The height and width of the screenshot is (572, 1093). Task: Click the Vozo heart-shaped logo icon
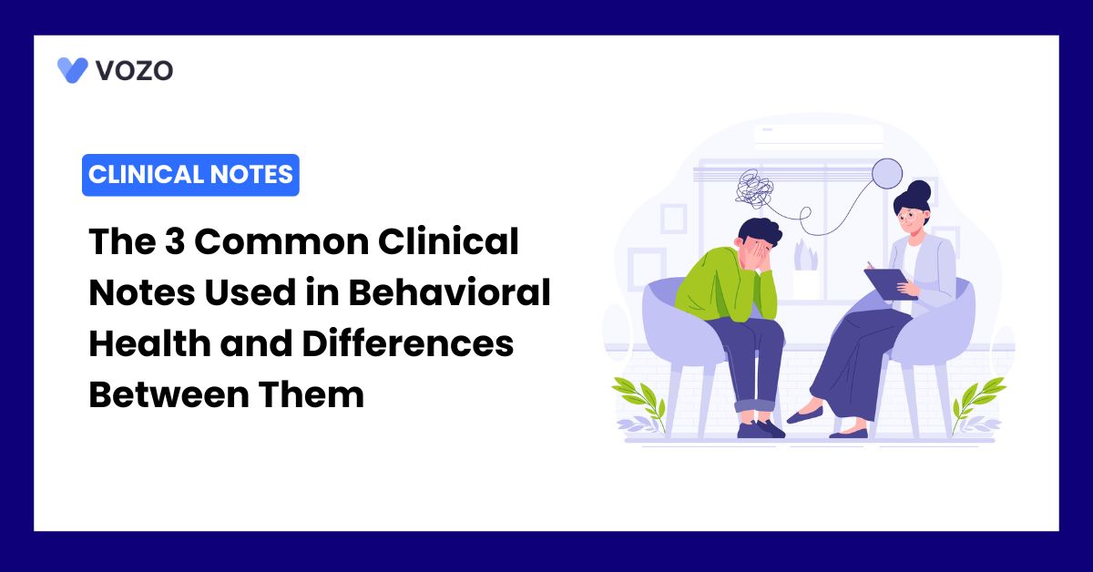click(x=73, y=70)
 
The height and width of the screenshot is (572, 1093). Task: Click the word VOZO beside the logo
click(x=134, y=71)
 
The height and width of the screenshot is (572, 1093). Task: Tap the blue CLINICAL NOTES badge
click(x=190, y=175)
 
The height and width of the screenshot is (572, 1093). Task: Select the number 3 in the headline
click(x=175, y=241)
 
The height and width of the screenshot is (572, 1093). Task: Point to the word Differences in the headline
click(x=408, y=343)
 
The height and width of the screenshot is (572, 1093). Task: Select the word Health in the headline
click(x=149, y=343)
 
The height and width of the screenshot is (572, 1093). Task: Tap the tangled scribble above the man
click(x=754, y=187)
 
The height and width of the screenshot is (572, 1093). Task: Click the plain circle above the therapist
click(x=886, y=173)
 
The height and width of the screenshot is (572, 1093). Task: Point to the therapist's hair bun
click(x=919, y=190)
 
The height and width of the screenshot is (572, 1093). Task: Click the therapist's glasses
click(x=909, y=215)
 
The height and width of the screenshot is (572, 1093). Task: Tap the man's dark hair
click(x=759, y=230)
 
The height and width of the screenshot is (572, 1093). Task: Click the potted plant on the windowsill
click(x=805, y=270)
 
